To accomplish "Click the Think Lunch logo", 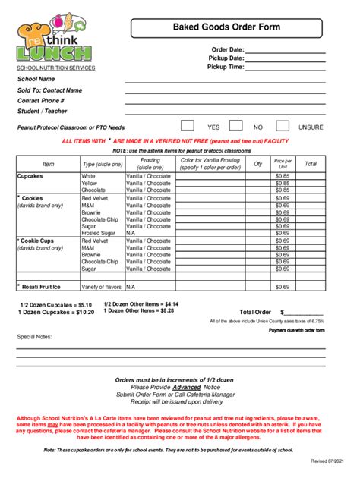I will click(55, 40).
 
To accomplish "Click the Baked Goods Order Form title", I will click(236, 27).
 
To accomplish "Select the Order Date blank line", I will click(286, 50).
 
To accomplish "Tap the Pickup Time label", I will click(225, 67).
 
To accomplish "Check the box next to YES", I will click(188, 126).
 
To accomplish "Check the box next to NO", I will click(233, 126).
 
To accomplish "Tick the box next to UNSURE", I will click(283, 126).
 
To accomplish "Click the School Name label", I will click(36, 78).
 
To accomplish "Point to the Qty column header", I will click(257, 164).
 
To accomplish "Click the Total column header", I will click(311, 164).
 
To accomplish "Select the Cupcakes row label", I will click(31, 175).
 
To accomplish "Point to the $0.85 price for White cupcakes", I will click(283, 175).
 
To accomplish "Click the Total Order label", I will click(255, 312).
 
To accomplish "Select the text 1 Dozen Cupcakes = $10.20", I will click(46, 311).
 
